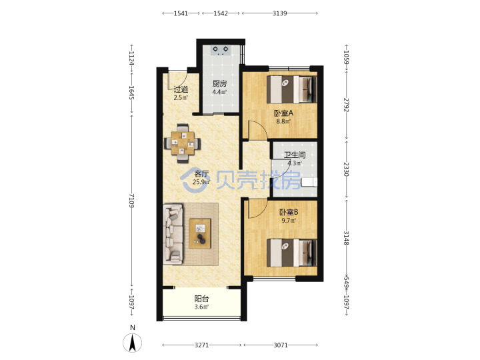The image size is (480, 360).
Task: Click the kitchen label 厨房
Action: click(x=219, y=83)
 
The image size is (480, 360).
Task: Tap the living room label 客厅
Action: click(x=201, y=174)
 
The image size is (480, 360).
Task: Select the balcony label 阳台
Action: click(x=202, y=299)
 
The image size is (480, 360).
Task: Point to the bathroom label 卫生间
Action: click(x=295, y=155)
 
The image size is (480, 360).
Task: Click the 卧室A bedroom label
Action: click(x=283, y=113)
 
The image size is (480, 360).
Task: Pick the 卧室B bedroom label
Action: click(x=289, y=212)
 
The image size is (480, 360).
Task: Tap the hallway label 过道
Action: click(x=181, y=89)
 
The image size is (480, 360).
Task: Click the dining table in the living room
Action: click(x=183, y=143)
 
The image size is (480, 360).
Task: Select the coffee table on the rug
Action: click(x=200, y=233)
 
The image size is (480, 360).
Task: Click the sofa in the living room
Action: click(x=173, y=234)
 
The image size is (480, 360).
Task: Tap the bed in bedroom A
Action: click(x=292, y=89)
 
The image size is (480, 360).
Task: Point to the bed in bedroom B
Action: click(x=292, y=253)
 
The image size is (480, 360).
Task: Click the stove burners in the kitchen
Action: click(x=221, y=50)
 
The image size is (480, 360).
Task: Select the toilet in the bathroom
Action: click(x=309, y=183)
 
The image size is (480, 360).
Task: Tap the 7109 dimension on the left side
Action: click(x=131, y=201)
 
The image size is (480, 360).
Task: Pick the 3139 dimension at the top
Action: click(x=280, y=13)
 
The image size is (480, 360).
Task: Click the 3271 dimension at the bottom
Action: click(x=202, y=345)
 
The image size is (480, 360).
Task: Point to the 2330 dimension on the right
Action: click(x=346, y=169)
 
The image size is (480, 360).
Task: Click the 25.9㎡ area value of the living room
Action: click(x=201, y=182)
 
